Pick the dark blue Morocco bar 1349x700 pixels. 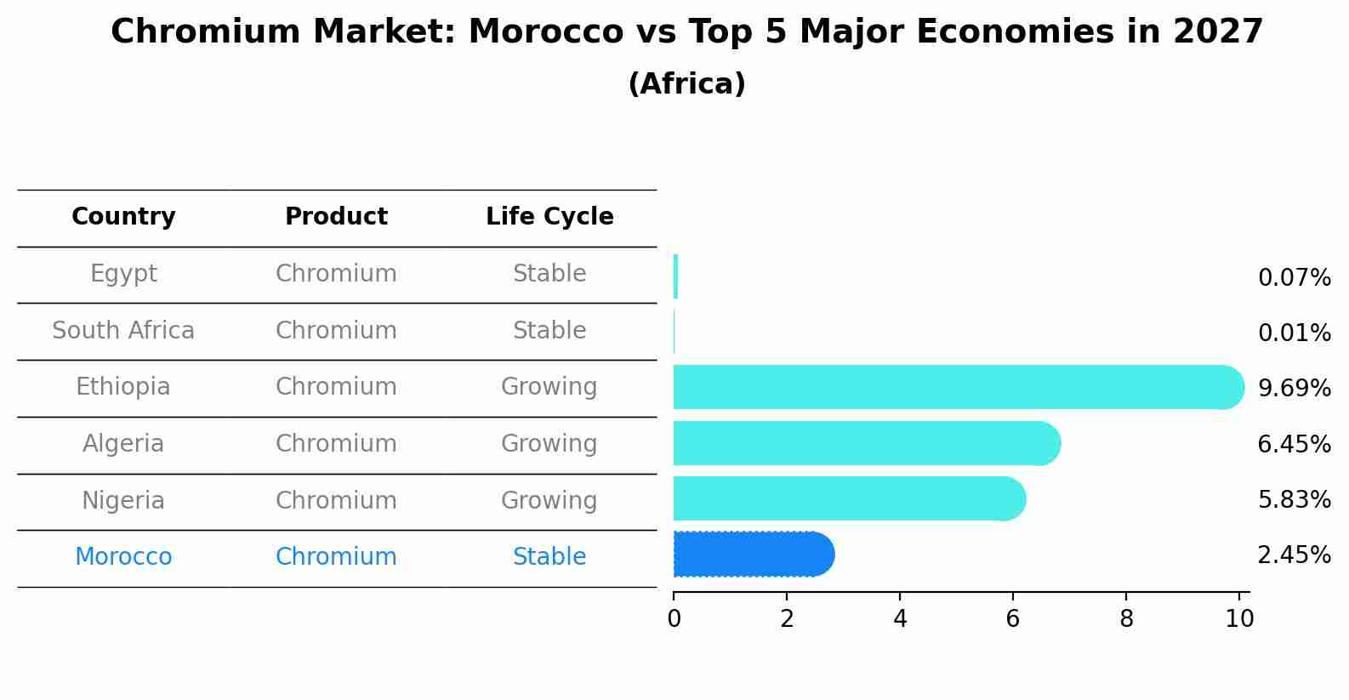point(753,555)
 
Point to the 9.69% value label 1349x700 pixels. point(1294,389)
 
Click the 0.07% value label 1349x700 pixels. point(1294,278)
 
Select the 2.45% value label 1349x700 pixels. point(1294,555)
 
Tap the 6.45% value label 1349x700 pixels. point(1294,444)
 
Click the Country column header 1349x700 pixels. point(123,217)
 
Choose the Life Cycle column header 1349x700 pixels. point(549,217)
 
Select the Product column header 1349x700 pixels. point(336,217)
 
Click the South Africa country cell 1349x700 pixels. point(123,331)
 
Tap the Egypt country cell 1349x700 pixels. point(123,274)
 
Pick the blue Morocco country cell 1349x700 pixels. point(123,557)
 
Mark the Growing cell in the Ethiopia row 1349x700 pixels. point(549,387)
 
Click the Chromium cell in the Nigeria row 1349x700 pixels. point(336,501)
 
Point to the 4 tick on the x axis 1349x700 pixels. point(900,619)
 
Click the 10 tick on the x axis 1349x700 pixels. point(1239,619)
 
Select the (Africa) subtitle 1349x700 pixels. point(686,84)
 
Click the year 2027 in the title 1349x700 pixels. point(1218,32)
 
